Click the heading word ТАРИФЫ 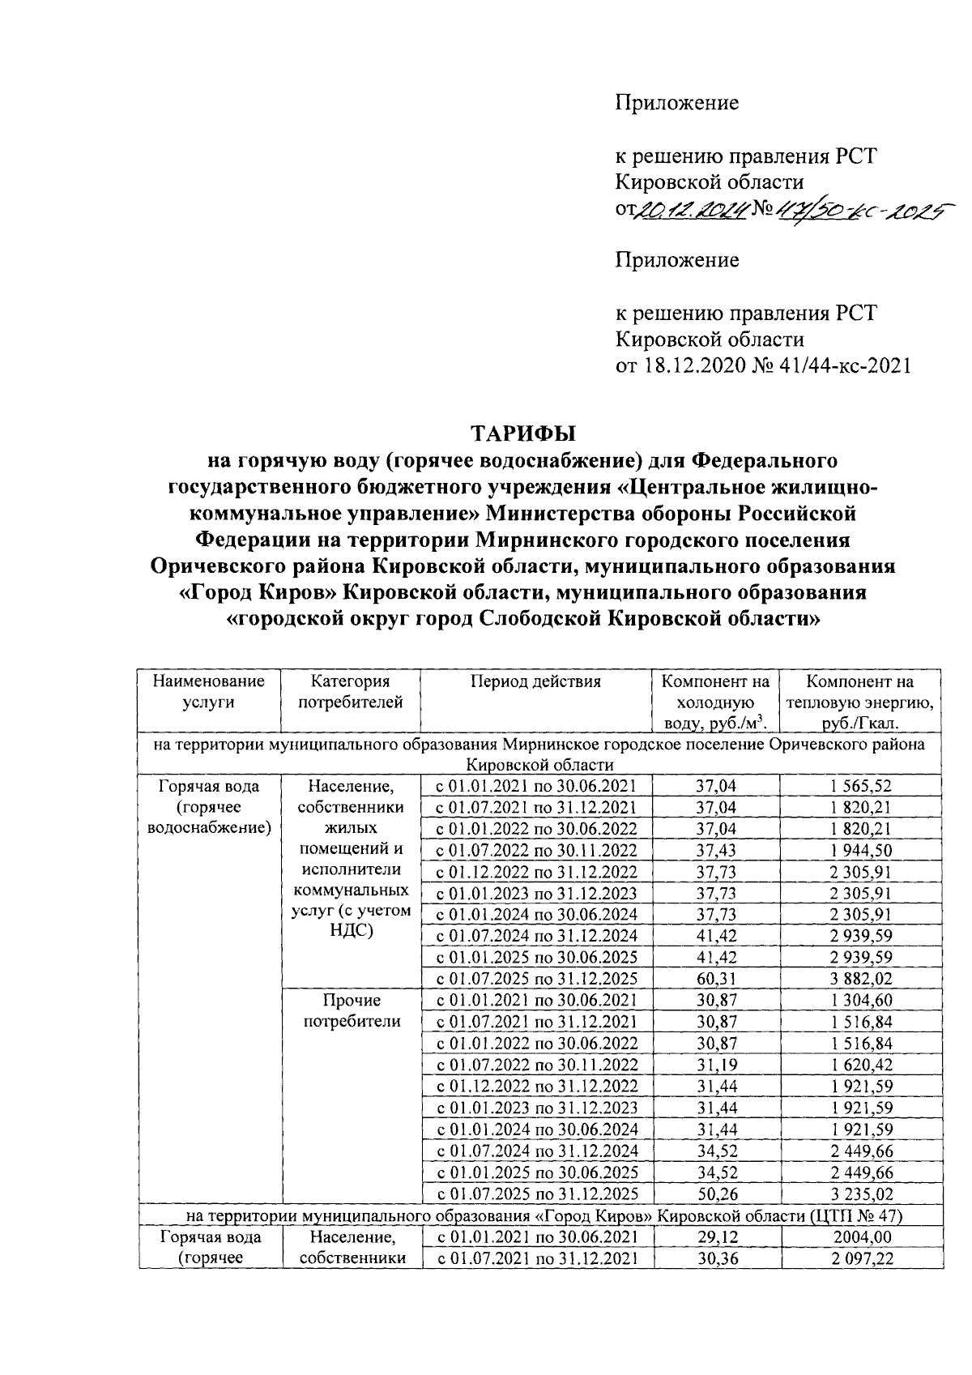[522, 433]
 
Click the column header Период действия [536, 681]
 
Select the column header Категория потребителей [351, 692]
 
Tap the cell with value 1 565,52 [860, 785]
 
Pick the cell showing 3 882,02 [860, 978]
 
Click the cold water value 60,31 [716, 978]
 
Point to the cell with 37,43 [716, 850]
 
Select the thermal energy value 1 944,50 [860, 850]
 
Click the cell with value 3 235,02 [860, 1194]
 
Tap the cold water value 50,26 [716, 1194]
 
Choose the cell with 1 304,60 [860, 1001]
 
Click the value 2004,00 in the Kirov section [860, 1237]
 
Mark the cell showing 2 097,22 [860, 1258]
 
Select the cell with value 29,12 [716, 1237]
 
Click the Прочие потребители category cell [351, 1011]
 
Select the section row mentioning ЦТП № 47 [539, 1215]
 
